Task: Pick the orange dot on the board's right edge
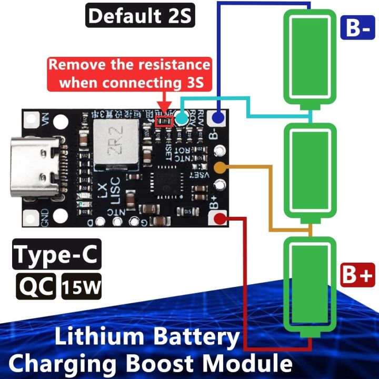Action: click(221, 168)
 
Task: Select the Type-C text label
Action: click(57, 255)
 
